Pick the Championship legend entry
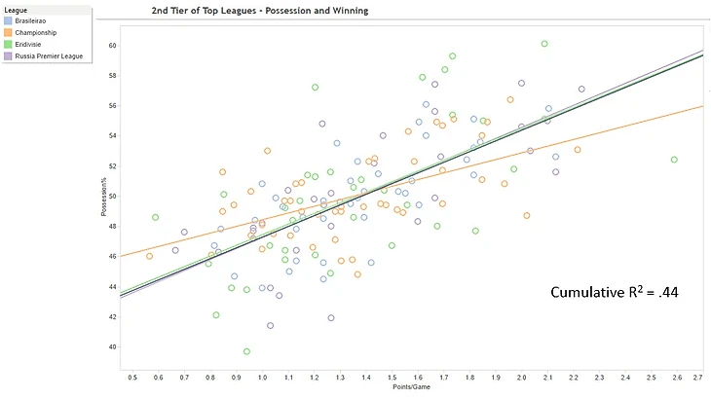pos(35,34)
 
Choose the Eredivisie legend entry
pos(30,45)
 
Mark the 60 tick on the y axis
pos(113,45)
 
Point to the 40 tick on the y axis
pos(113,347)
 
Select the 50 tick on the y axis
pos(113,196)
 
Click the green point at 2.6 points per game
pos(674,160)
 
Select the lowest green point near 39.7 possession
pos(247,351)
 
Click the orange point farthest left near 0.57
pos(149,256)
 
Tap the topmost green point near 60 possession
pos(544,44)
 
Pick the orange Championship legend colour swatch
pos(8,34)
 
